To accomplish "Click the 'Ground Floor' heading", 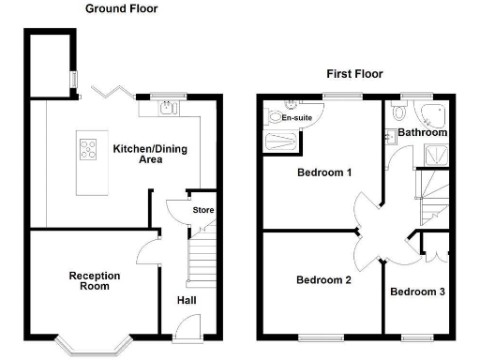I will [122, 8].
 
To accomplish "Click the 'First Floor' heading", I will [354, 73].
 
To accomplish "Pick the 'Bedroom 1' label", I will [324, 172].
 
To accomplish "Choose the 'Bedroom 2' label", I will [323, 279].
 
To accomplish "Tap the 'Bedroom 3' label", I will [417, 292].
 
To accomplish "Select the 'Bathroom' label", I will [421, 133].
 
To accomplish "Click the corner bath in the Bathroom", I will [434, 115].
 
